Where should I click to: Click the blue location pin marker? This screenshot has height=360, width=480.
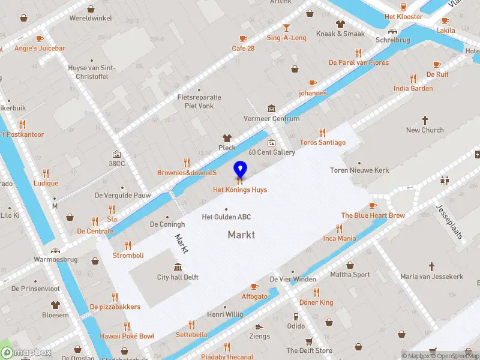click(240, 170)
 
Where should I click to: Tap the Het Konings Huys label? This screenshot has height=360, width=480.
click(240, 190)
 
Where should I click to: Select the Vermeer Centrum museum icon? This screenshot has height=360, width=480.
click(272, 109)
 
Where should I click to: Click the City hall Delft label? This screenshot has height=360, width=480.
click(178, 277)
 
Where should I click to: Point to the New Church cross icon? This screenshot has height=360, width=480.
click(425, 120)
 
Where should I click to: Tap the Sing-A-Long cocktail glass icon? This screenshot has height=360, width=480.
click(286, 28)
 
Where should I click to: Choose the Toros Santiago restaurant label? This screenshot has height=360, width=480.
click(323, 143)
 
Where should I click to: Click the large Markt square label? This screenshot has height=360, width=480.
click(241, 235)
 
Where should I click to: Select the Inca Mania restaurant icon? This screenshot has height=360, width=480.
click(340, 229)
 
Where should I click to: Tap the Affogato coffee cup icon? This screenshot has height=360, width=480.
click(254, 287)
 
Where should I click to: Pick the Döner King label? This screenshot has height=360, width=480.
click(316, 302)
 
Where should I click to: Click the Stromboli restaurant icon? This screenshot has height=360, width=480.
click(128, 245)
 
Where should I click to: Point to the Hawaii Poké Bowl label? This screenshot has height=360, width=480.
click(127, 336)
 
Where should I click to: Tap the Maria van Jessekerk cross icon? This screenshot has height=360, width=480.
click(432, 266)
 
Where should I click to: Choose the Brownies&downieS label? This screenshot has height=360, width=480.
click(187, 172)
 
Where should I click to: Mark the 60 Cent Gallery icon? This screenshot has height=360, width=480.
click(272, 143)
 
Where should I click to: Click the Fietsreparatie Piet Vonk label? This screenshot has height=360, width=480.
click(199, 101)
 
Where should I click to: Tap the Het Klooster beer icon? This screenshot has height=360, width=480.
click(403, 6)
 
